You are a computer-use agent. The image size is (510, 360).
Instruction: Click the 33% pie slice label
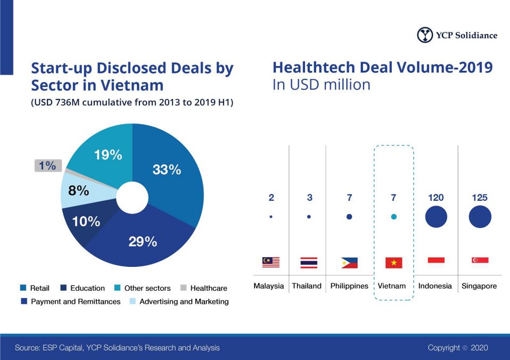pos(167,170)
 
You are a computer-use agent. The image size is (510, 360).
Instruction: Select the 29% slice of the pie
pos(143,241)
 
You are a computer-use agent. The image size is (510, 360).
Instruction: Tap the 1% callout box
pos(47,166)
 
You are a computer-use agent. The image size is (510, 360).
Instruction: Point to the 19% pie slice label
pos(108,155)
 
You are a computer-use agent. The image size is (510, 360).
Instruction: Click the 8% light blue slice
pos(79,190)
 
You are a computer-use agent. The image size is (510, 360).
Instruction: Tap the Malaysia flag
pos(270,262)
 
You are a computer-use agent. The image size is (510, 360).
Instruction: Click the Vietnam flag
pos(393,263)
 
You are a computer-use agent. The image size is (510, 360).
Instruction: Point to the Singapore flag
pos(480,260)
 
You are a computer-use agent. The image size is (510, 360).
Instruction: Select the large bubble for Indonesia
pos(436,216)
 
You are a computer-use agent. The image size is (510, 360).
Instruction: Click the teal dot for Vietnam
pos(393,217)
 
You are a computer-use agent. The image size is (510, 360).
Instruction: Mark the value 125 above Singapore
pos(479,198)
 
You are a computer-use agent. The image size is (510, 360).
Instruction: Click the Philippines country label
pos(349,286)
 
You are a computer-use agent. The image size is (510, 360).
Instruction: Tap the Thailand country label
pos(307,286)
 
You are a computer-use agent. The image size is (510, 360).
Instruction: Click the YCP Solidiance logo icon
pos(425,35)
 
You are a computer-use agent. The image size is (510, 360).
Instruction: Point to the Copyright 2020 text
pos(457,348)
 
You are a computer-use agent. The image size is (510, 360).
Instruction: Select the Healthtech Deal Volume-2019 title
pos(382,68)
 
